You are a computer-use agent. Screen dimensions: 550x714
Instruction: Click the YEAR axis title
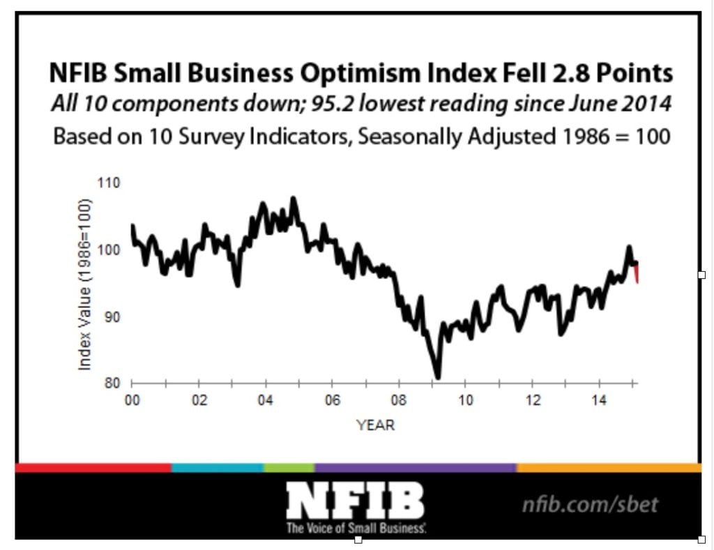click(375, 425)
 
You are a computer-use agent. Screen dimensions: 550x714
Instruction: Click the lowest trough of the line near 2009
click(437, 377)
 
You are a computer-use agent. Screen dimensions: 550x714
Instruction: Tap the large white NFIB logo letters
click(354, 501)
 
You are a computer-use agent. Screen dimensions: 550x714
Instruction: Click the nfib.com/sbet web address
click(590, 503)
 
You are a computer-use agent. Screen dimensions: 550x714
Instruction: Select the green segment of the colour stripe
click(289, 468)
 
